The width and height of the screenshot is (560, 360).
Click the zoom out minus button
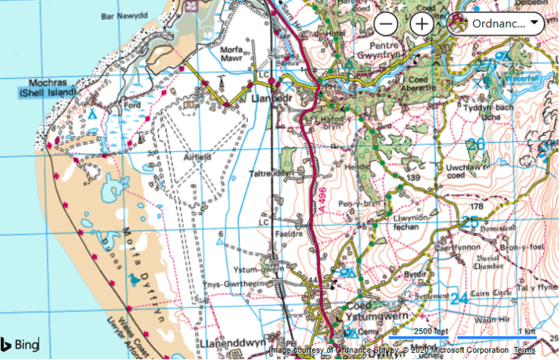coord(386,23)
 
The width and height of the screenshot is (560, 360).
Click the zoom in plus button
coord(421,23)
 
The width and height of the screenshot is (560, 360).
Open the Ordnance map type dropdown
coord(496,23)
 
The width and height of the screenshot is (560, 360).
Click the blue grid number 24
coord(459,298)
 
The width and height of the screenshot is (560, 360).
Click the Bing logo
coord(20,344)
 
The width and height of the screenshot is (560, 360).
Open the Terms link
coord(524,351)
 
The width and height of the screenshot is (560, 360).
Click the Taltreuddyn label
coord(269,174)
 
